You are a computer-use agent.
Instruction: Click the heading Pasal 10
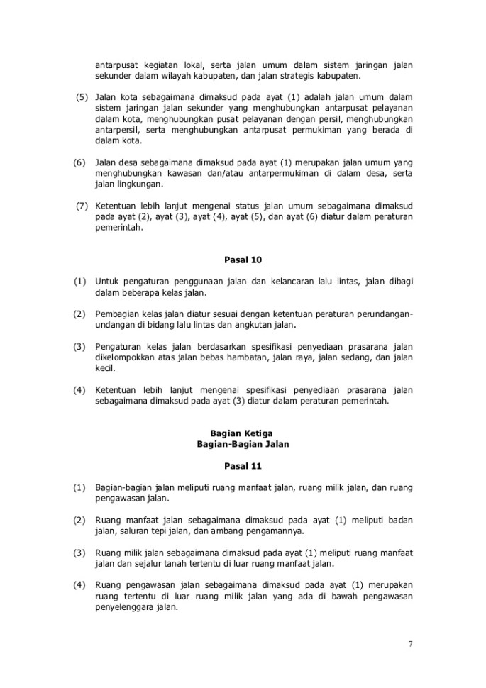tap(243, 259)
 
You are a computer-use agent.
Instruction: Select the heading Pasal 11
tap(243, 466)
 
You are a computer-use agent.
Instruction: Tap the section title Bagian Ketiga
tap(243, 433)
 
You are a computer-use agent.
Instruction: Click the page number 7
tap(410, 644)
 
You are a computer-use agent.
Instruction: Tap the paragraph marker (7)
tap(82, 206)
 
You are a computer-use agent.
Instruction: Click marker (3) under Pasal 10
tap(79, 347)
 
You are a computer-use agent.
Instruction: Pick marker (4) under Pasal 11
tap(79, 584)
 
